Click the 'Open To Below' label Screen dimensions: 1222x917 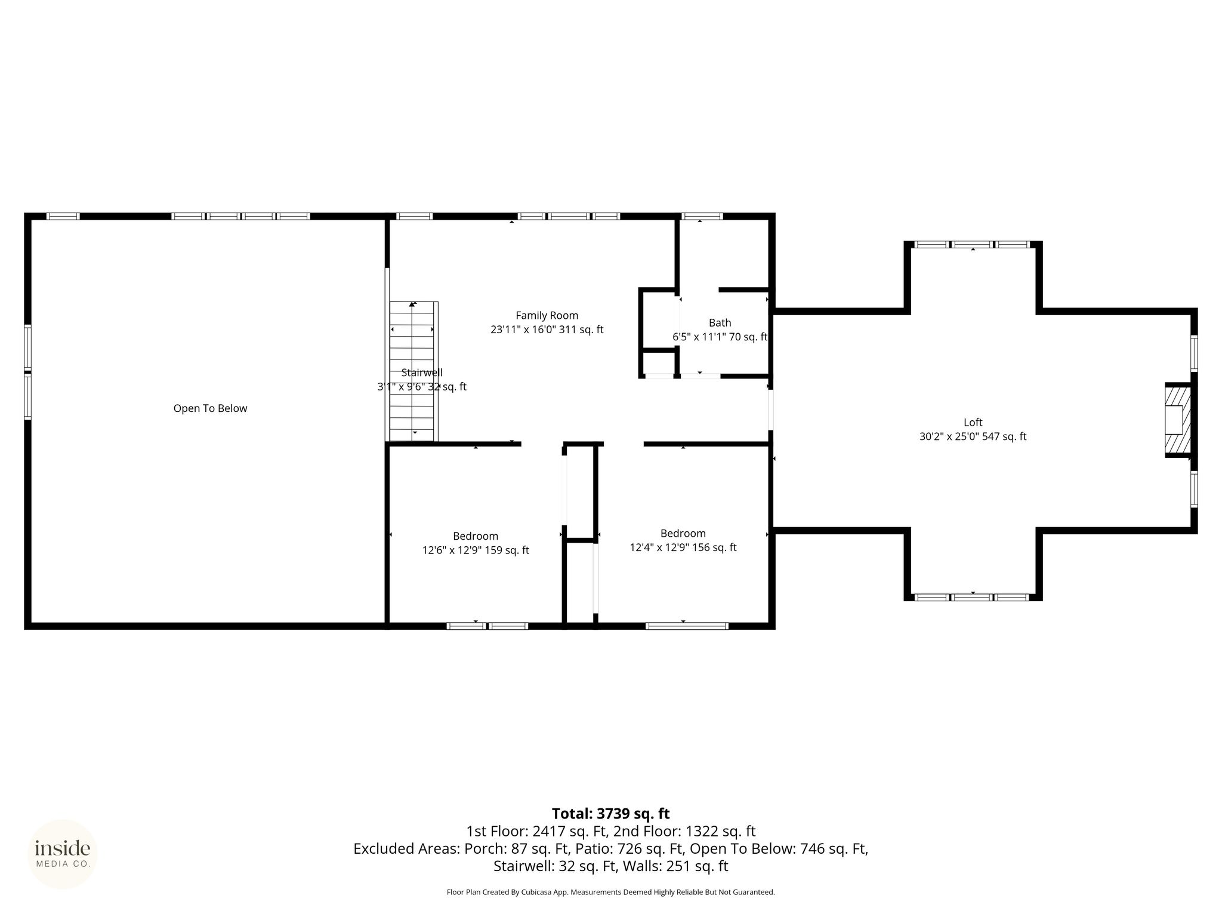(210, 408)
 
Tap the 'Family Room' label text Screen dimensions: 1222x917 (547, 316)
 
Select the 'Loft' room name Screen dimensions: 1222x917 (973, 423)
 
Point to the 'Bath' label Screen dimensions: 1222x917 (720, 323)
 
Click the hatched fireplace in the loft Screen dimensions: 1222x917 (1178, 420)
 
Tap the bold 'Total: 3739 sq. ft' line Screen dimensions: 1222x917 (611, 814)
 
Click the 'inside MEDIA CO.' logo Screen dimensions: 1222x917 (63, 854)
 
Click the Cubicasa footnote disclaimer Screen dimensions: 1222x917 (611, 893)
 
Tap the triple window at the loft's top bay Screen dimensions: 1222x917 (973, 244)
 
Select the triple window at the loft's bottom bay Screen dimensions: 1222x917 (973, 597)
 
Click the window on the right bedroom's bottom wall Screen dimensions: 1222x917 (687, 626)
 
